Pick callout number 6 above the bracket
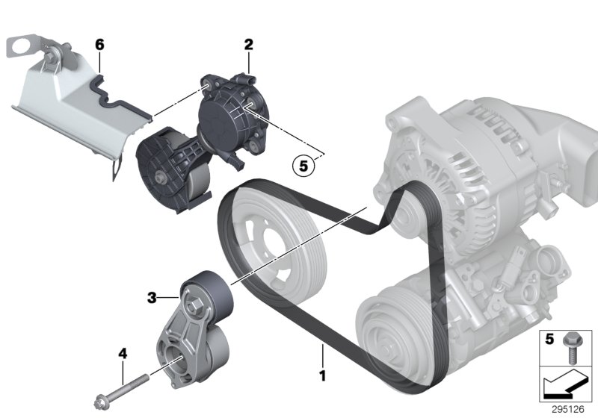pyautogui.click(x=99, y=45)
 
